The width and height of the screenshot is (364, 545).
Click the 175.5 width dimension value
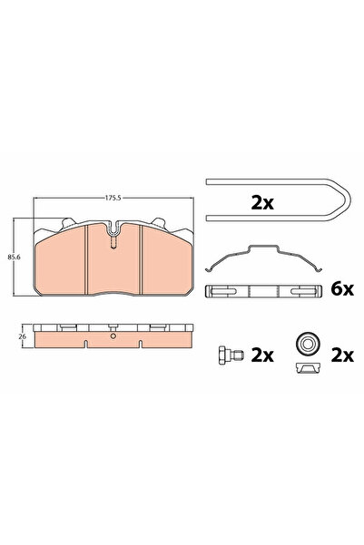[113, 198]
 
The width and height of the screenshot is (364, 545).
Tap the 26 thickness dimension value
[23, 336]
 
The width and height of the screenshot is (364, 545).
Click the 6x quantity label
[342, 289]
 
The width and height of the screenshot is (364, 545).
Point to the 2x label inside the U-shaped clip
[262, 203]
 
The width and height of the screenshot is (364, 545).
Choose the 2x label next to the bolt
[262, 355]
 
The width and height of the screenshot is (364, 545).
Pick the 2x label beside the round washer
[342, 355]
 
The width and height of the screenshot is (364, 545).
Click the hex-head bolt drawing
[231, 355]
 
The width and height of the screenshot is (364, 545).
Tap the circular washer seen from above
[308, 345]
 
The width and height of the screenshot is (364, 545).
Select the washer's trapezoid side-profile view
[308, 368]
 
